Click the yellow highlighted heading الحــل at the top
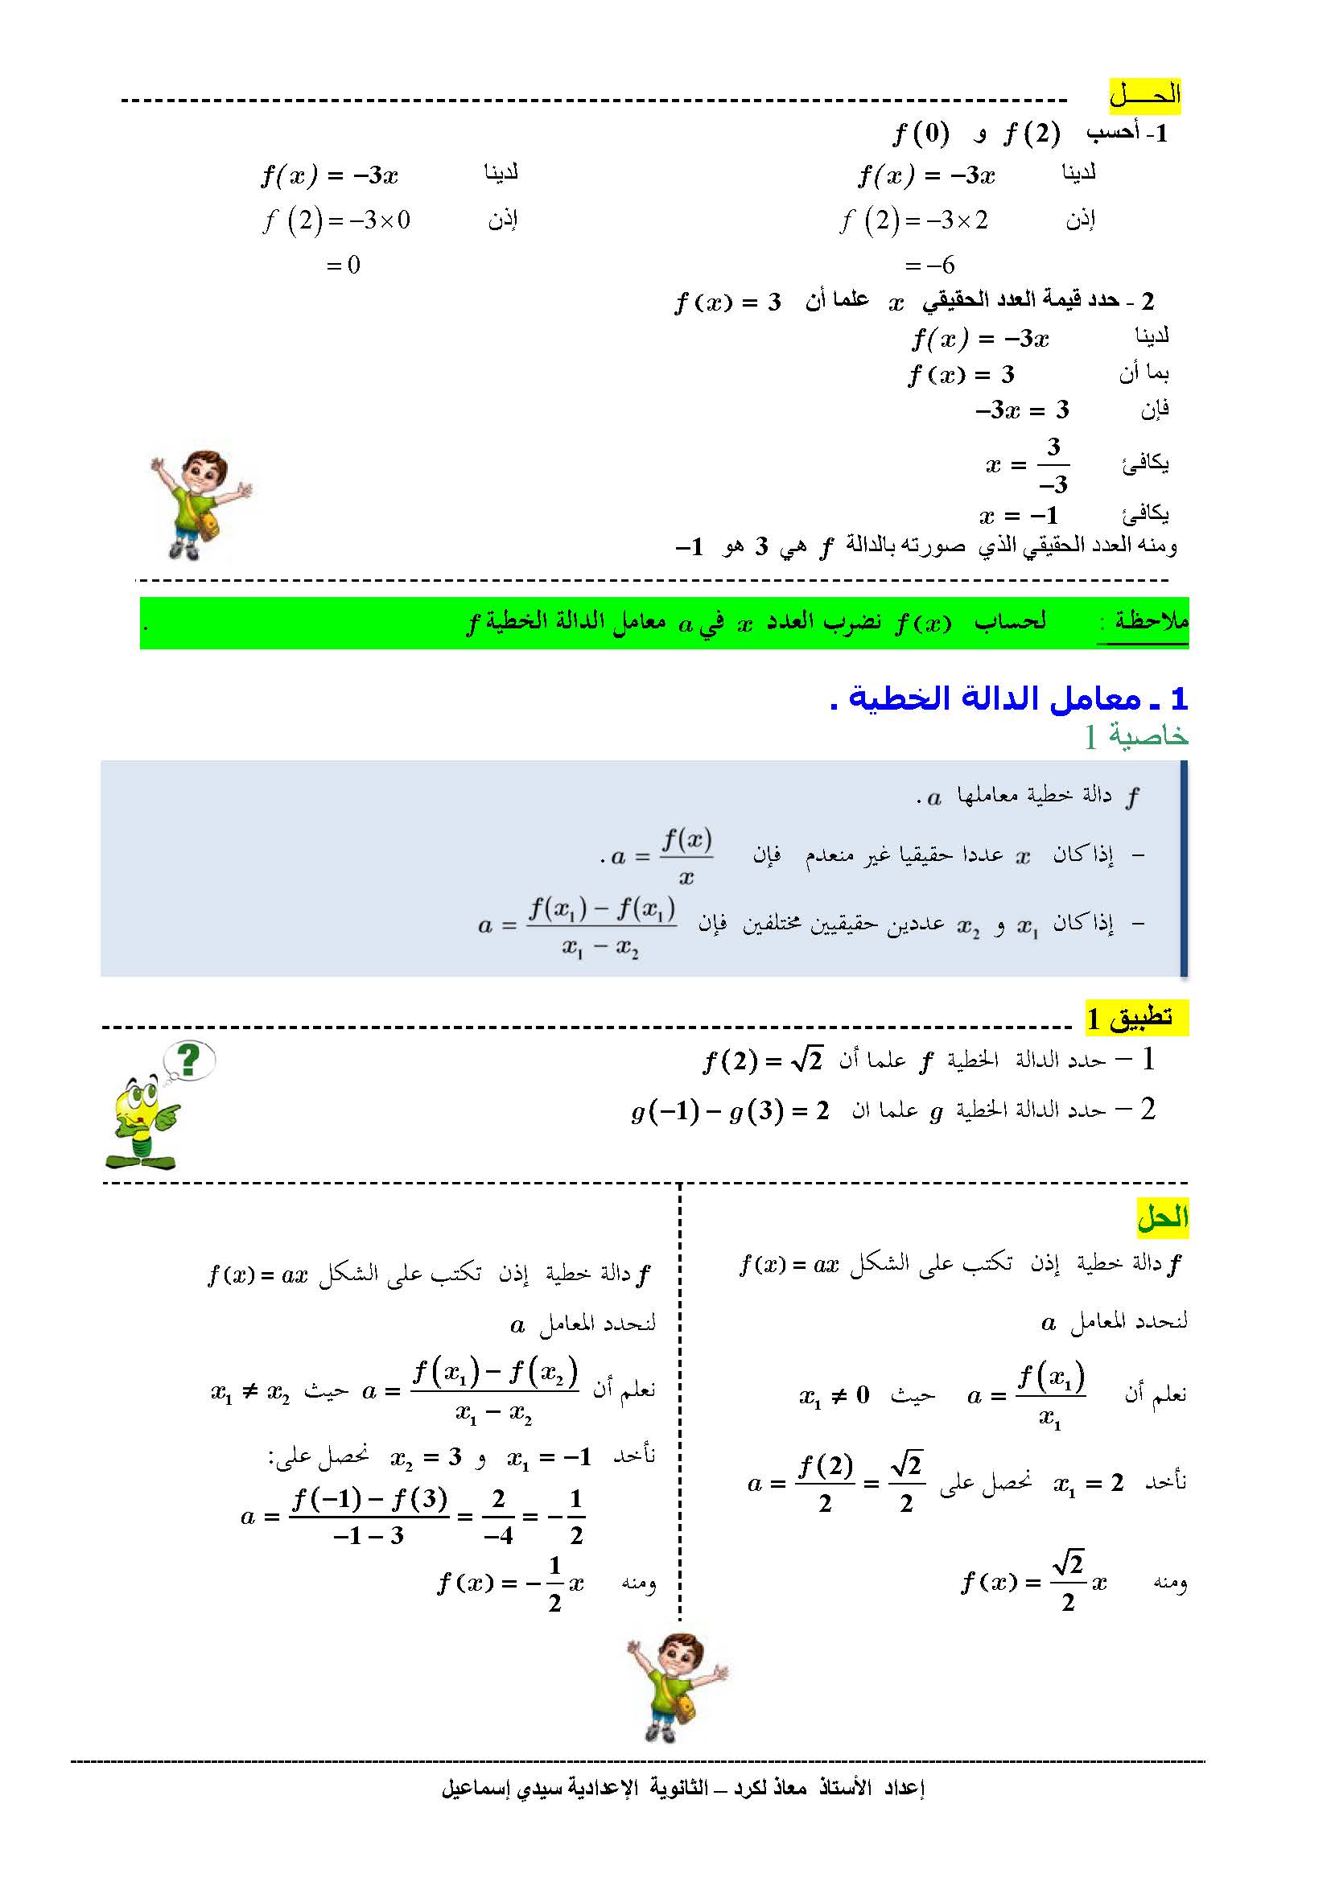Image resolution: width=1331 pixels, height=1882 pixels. pyautogui.click(x=1144, y=95)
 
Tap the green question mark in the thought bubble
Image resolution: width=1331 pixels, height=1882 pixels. pyautogui.click(x=189, y=1060)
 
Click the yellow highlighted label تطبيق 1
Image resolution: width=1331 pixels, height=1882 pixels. pyautogui.click(x=1135, y=1018)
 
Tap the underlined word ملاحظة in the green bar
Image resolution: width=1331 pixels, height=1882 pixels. pyautogui.click(x=1149, y=621)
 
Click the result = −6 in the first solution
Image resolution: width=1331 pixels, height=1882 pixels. pyautogui.click(x=930, y=265)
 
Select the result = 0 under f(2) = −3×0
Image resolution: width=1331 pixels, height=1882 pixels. pyautogui.click(x=344, y=265)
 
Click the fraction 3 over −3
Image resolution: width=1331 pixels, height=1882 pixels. pyautogui.click(x=1053, y=466)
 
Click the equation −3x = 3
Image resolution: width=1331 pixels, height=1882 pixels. pyautogui.click(x=1022, y=409)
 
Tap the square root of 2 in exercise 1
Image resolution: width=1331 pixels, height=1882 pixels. pyautogui.click(x=806, y=1060)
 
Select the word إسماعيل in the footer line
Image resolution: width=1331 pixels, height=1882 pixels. pyautogui.click(x=475, y=1788)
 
